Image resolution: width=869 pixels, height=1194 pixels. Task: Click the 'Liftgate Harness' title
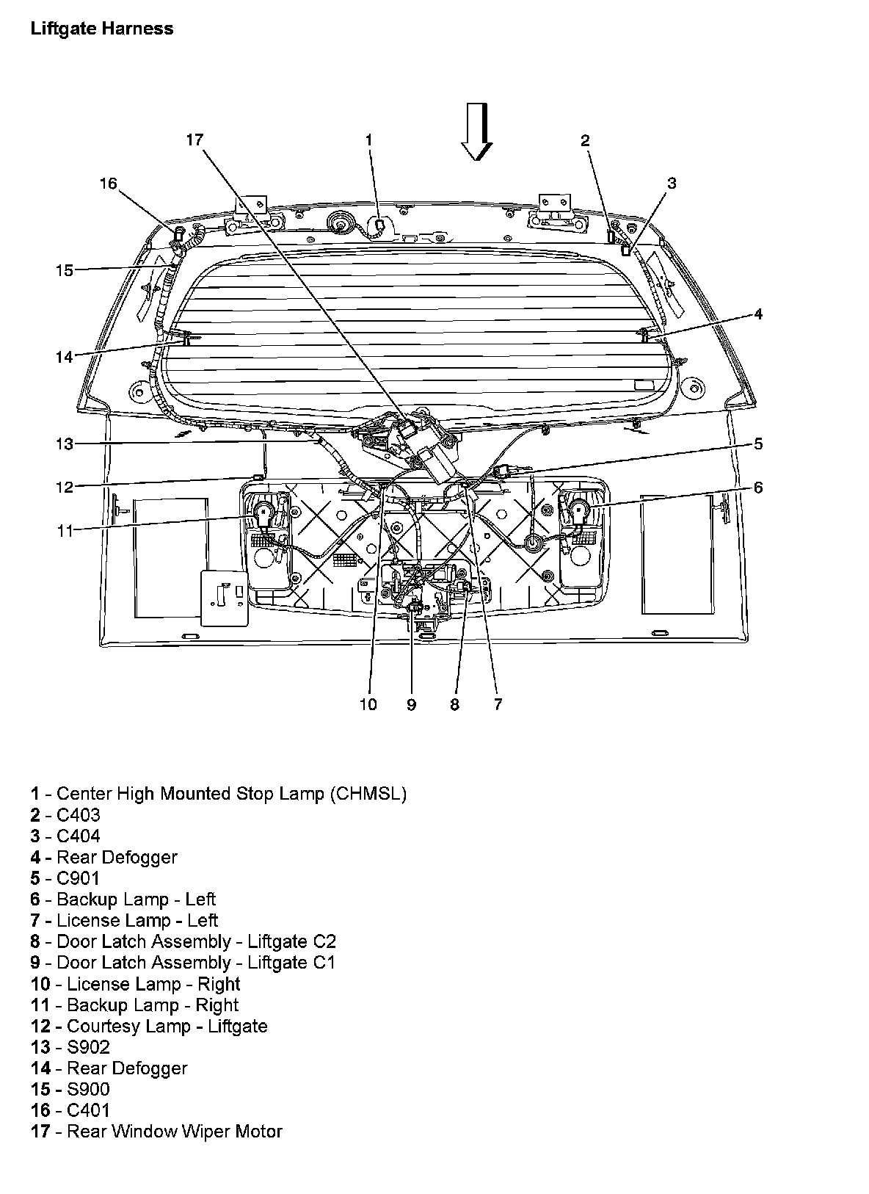102,28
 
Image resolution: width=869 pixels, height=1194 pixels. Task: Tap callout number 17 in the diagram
195,140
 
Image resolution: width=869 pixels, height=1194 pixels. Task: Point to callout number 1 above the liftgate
368,140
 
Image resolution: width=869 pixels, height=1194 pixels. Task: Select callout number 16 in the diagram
108,184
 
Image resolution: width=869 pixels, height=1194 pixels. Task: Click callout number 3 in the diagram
672,184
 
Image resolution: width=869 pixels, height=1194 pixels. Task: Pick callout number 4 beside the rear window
758,314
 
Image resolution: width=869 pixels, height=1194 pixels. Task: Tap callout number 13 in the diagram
65,444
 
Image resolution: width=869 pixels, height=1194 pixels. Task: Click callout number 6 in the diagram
758,487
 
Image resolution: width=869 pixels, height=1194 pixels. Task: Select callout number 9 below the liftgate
411,705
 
